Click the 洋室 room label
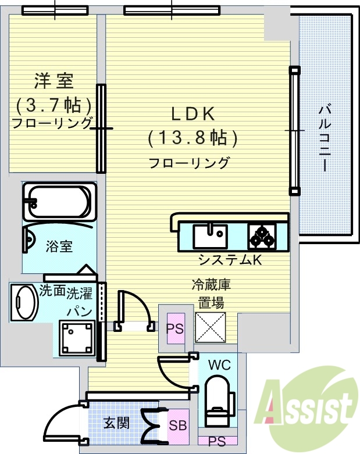tap(54, 81)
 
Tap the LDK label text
tap(193, 112)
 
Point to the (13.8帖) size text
tap(193, 138)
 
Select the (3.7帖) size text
tap(54, 105)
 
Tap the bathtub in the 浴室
tap(57, 202)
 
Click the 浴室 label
tap(59, 246)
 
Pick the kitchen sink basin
tap(210, 237)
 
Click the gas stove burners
tap(262, 236)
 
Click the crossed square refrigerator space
tap(209, 327)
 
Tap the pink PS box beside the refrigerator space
tap(175, 328)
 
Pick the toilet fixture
tap(218, 401)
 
